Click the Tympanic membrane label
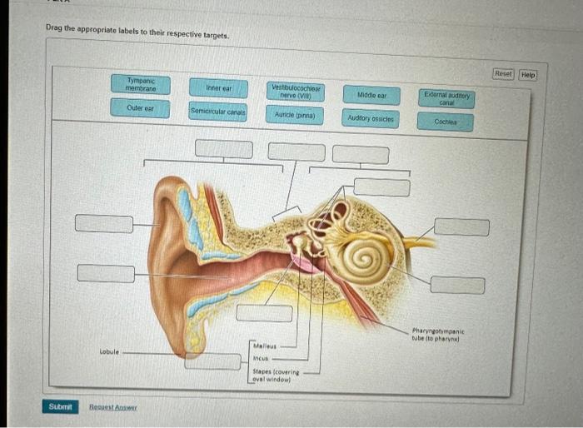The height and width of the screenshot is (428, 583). click(x=142, y=84)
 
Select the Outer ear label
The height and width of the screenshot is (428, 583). click(x=142, y=108)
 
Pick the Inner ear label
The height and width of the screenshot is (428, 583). click(x=218, y=87)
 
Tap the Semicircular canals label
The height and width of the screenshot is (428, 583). click(x=218, y=112)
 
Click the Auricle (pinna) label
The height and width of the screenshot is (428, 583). click(x=295, y=115)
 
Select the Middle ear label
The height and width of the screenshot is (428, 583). click(x=371, y=96)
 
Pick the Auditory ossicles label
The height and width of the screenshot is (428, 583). click(x=371, y=120)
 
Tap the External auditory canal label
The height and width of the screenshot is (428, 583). click(x=446, y=98)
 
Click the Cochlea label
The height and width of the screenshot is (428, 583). click(x=446, y=122)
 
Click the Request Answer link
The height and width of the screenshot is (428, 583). click(x=113, y=407)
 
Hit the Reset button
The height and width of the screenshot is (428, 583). click(x=503, y=74)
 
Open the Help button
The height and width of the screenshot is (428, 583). click(x=528, y=74)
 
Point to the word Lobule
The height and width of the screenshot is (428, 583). click(x=110, y=352)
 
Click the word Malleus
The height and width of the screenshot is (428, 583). click(x=264, y=345)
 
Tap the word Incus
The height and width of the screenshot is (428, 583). click(x=261, y=359)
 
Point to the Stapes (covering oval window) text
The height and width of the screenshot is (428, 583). click(x=276, y=376)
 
